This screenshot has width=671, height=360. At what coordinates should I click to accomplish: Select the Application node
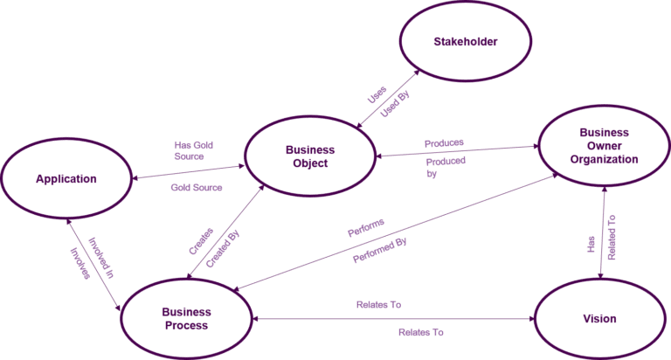pos(66,179)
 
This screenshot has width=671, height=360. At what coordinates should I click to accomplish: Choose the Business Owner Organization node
pos(604,146)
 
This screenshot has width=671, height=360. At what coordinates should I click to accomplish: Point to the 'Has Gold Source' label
pos(194,150)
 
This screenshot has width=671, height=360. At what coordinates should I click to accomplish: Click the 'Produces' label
pos(443,142)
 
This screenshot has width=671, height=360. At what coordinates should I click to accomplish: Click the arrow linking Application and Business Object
pos(187,172)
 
